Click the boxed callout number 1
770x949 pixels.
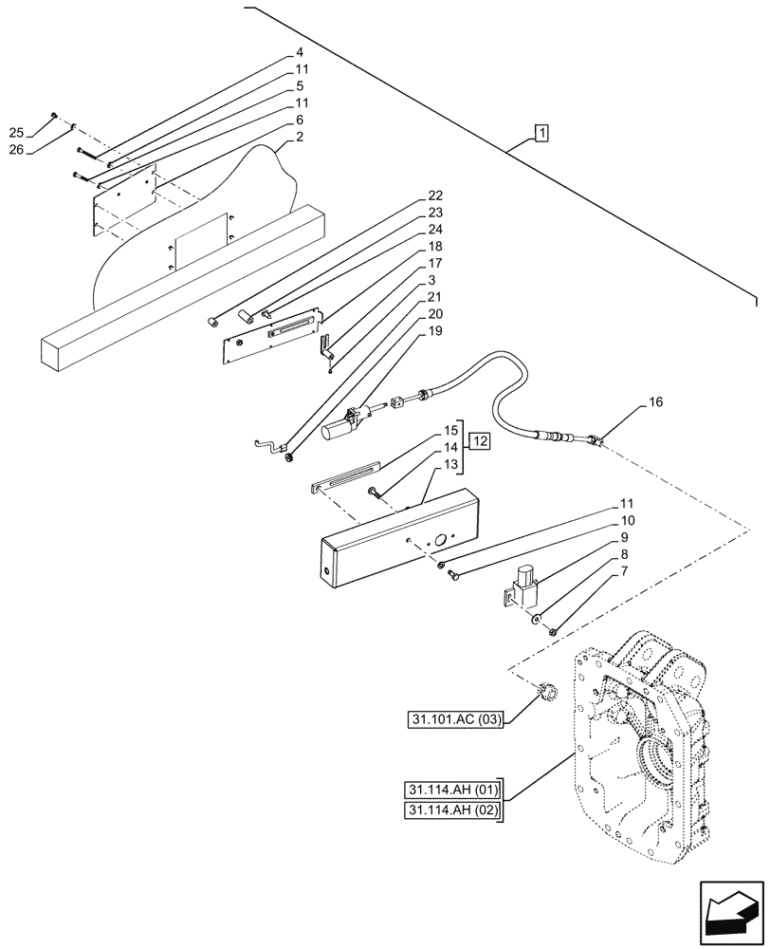click(540, 134)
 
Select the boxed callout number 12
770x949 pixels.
click(480, 442)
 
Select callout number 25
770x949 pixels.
click(42, 132)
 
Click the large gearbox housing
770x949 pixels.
click(645, 750)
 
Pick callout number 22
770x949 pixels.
click(434, 196)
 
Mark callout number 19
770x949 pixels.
click(434, 331)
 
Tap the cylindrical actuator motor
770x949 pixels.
click(339, 432)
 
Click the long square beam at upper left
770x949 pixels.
click(180, 285)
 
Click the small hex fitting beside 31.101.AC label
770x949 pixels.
click(546, 691)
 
